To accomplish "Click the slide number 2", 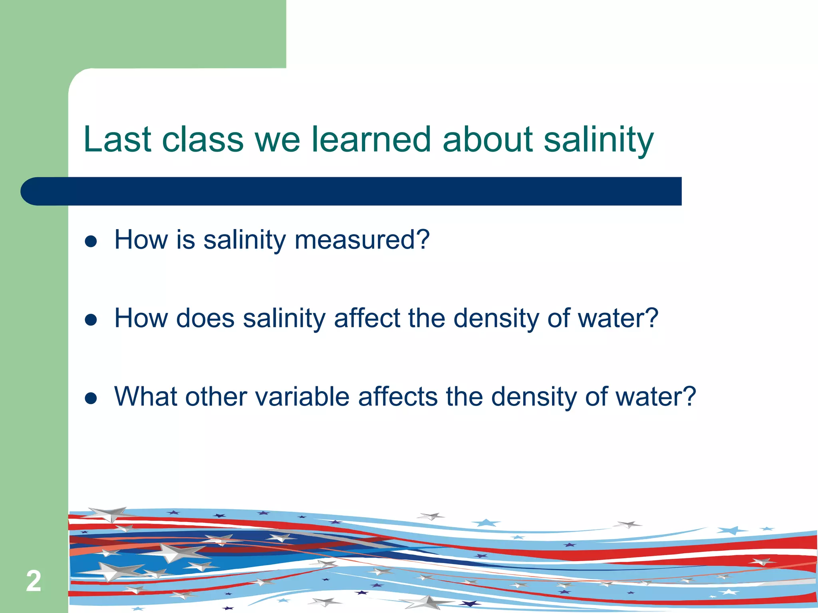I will point(34,581).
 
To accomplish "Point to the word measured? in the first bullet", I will point(362,240).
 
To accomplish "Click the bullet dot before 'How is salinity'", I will point(91,241).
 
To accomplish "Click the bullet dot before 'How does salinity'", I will point(91,320).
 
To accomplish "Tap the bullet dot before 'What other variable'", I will point(91,398).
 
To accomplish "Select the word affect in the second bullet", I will point(367,318).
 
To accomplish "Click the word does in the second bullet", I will point(205,318).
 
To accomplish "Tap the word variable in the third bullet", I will point(302,397).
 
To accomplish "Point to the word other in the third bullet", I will point(216,397).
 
